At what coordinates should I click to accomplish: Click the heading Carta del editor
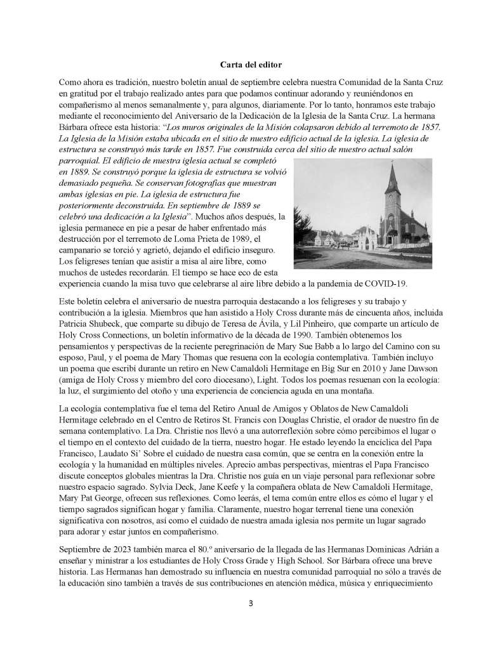pos(251,64)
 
